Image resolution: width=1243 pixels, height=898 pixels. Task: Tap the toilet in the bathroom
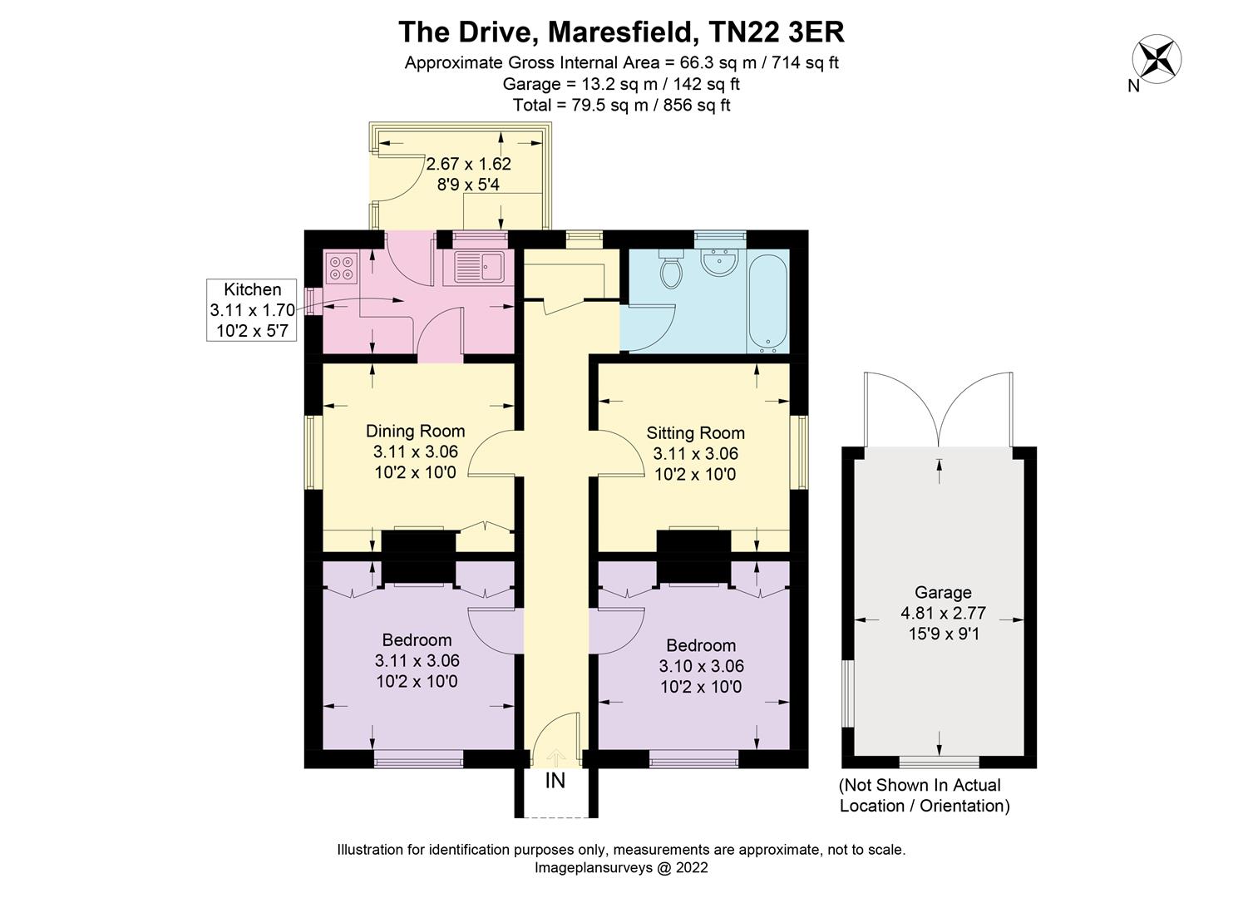(670, 269)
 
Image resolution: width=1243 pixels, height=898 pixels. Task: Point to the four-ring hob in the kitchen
(341, 266)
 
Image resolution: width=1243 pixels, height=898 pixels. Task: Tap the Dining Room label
(415, 431)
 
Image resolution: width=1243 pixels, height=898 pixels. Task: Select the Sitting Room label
(695, 432)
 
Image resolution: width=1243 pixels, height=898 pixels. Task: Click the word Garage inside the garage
(942, 592)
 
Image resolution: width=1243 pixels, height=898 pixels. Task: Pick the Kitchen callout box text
(252, 310)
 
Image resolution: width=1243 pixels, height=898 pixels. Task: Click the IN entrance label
(555, 782)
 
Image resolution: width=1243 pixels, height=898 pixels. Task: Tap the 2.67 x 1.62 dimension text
(468, 164)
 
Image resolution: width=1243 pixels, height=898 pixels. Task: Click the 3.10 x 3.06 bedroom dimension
(701, 666)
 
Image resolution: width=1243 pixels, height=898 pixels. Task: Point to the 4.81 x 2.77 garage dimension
(942, 613)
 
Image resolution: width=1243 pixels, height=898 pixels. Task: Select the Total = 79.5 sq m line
(621, 105)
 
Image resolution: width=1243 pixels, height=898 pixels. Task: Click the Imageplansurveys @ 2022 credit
(620, 867)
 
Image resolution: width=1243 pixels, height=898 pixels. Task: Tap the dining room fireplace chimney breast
(418, 542)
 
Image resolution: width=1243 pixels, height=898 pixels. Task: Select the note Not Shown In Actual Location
(924, 795)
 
